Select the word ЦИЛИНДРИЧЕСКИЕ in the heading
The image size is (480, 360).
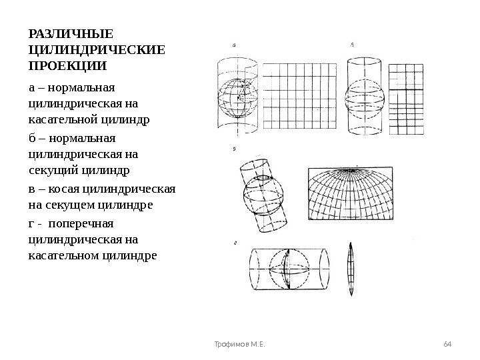pyautogui.click(x=96, y=50)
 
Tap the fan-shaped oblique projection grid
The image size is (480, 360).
pyautogui.click(x=361, y=193)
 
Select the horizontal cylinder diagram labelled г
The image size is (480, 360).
pyautogui.click(x=287, y=270)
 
